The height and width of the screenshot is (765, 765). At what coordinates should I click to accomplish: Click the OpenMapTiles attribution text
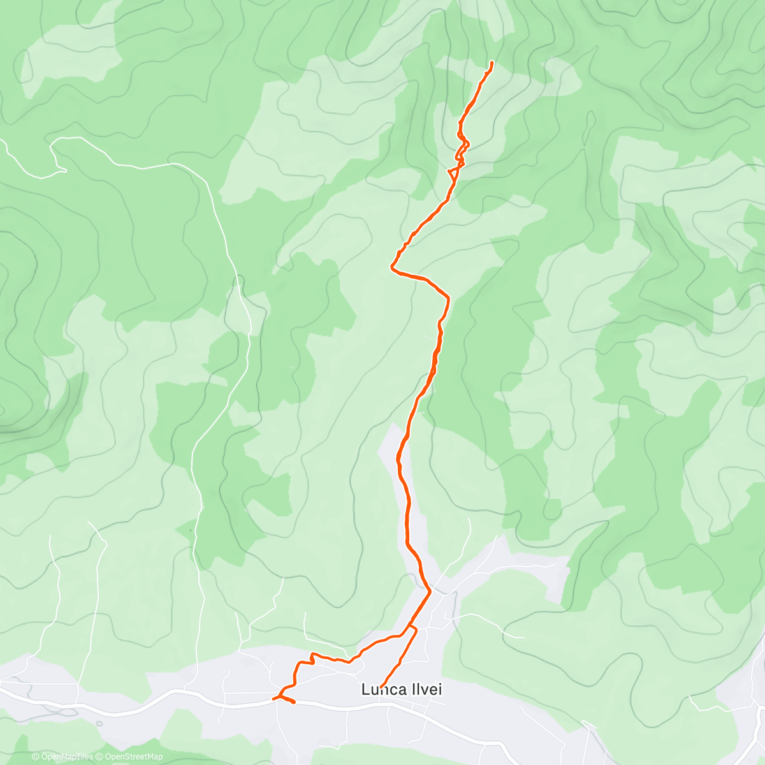66,757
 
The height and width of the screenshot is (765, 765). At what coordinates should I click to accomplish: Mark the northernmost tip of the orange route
493,62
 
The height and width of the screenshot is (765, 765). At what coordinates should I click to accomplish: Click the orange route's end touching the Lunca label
381,685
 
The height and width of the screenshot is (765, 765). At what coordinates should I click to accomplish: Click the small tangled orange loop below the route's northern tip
462,143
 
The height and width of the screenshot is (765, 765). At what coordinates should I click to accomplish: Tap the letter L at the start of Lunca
365,689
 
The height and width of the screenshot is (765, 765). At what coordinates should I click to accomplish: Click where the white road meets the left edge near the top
2,142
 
